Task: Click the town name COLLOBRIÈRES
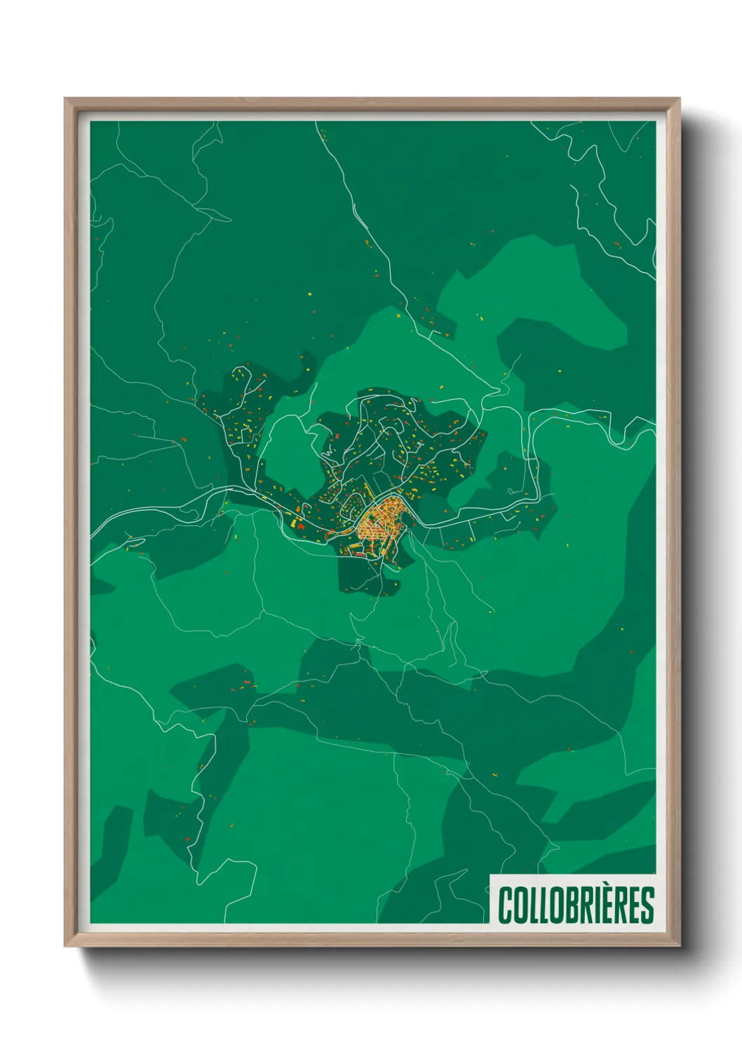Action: tap(576, 905)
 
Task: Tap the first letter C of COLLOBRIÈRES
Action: tap(505, 905)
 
